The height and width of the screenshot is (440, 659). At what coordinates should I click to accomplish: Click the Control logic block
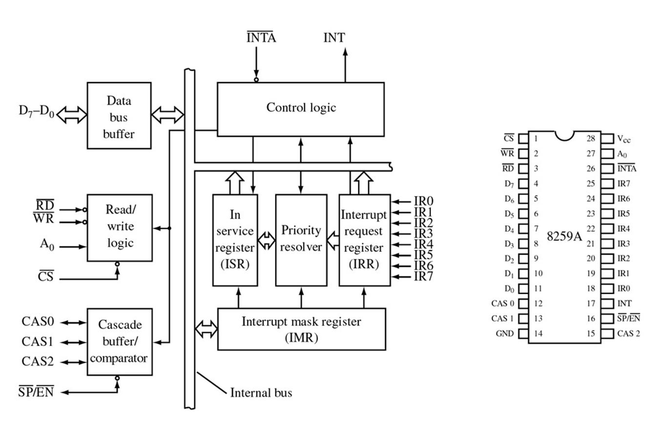point(300,109)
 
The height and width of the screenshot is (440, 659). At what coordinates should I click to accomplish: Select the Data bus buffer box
point(119,116)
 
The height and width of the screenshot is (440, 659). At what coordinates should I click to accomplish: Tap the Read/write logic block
point(120,227)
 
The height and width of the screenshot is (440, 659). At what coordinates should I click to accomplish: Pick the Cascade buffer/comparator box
point(119,341)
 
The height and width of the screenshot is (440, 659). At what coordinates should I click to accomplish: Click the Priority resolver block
point(301,240)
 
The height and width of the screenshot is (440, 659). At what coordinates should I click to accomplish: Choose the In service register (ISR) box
point(235,240)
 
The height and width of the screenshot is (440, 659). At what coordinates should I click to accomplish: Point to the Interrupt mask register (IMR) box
point(301,329)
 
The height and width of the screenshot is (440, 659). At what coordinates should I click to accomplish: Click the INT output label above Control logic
point(334,38)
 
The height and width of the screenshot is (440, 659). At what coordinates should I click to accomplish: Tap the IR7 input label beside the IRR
point(423,277)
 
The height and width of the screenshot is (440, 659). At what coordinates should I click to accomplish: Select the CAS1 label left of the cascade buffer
point(38,341)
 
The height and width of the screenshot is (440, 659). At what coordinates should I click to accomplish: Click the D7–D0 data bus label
point(36,111)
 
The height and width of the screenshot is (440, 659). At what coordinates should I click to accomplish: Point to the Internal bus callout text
point(261,393)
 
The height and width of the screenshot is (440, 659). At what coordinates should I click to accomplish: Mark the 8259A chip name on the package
point(564,237)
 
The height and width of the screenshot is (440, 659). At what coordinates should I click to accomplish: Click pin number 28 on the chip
point(591,138)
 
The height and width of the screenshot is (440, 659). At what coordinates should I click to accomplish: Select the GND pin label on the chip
point(505,333)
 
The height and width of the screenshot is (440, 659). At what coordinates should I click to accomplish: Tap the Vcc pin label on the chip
point(624,139)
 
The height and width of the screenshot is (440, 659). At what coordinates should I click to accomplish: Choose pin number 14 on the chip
point(538,333)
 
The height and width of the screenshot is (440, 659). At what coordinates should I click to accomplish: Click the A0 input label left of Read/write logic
point(47,244)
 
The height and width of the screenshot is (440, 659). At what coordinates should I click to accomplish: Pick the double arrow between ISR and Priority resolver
point(267,241)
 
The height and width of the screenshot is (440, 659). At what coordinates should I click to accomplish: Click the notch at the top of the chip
point(564,134)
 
